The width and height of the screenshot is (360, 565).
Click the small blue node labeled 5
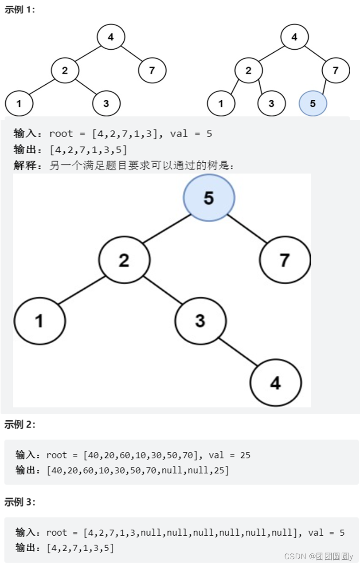pyautogui.click(x=313, y=104)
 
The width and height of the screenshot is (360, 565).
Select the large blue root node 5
pyautogui.click(x=209, y=198)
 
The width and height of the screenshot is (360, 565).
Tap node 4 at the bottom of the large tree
pyautogui.click(x=275, y=383)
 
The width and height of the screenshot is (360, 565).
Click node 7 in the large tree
pyautogui.click(x=285, y=260)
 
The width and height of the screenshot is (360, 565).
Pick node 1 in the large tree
pyautogui.click(x=39, y=321)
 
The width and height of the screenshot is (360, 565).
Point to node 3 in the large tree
pyautogui.click(x=200, y=321)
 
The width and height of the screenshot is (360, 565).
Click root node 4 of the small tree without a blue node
pyautogui.click(x=110, y=37)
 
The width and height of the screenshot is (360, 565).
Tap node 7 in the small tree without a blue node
pyautogui.click(x=152, y=70)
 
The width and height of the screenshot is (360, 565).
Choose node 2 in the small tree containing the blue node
pyautogui.click(x=248, y=70)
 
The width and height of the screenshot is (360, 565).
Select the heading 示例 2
pyautogui.click(x=20, y=424)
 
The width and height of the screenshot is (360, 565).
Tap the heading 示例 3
pyautogui.click(x=20, y=502)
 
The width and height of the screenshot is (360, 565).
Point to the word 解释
pyautogui.click(x=24, y=166)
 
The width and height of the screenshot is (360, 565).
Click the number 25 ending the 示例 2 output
pyautogui.click(x=219, y=470)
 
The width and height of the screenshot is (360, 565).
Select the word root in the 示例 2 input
pyautogui.click(x=56, y=455)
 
